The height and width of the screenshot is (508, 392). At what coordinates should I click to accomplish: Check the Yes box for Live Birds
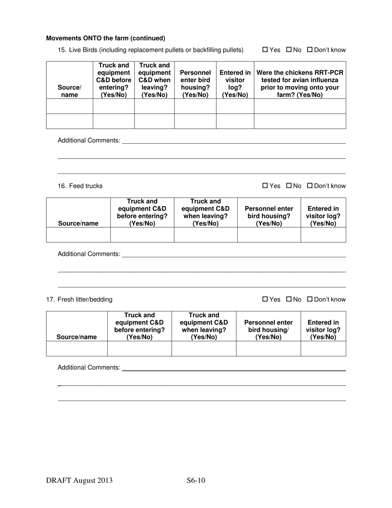click(265, 50)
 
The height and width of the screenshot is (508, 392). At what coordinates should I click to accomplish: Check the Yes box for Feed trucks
click(265, 186)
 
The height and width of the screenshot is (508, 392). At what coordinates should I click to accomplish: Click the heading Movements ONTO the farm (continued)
click(106, 38)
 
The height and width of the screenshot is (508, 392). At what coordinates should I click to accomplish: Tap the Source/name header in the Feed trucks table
click(78, 223)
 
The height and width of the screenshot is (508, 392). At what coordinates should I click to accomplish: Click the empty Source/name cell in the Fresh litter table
click(77, 349)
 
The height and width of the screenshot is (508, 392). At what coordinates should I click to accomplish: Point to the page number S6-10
click(196, 480)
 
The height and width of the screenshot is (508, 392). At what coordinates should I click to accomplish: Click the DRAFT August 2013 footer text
click(79, 480)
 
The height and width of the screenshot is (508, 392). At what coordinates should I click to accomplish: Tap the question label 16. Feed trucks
click(80, 186)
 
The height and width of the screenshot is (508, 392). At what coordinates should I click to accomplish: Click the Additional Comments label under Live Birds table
click(89, 140)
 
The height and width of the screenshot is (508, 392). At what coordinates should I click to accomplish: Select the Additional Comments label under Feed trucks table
click(89, 254)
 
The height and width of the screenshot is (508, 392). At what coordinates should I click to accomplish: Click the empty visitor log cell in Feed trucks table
click(323, 234)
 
